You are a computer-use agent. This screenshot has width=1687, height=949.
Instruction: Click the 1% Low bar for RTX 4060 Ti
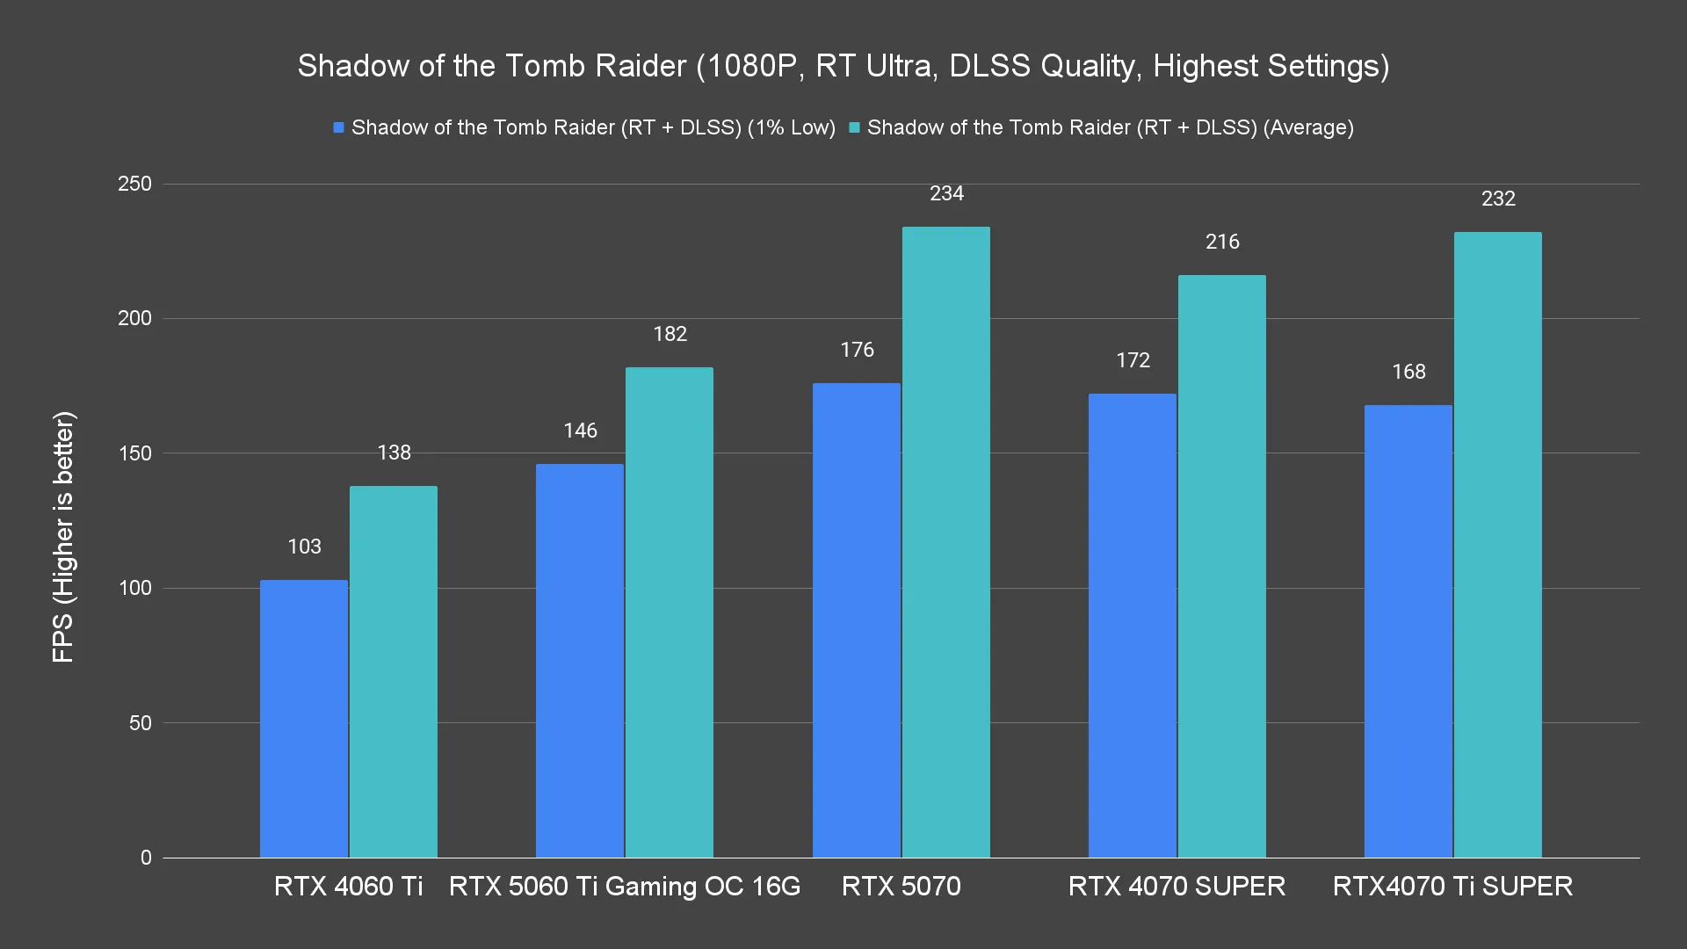[304, 719]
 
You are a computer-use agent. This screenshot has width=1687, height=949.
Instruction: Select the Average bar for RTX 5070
[946, 542]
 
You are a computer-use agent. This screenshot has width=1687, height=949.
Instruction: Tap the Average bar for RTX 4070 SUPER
[1222, 567]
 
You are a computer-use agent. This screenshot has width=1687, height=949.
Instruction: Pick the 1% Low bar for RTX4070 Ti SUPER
[1408, 631]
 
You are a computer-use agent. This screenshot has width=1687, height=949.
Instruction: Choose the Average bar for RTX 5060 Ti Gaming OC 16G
[670, 612]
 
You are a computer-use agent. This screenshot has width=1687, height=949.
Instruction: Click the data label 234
[947, 193]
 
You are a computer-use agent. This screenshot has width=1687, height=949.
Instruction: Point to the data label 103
[305, 547]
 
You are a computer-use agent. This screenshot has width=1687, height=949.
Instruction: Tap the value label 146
[581, 431]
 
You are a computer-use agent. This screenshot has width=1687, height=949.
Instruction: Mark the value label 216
[1222, 242]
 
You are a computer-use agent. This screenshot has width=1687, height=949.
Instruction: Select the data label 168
[1408, 372]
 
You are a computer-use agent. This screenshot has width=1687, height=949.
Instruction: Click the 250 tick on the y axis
[134, 185]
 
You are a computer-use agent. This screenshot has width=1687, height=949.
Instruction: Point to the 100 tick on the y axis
[134, 588]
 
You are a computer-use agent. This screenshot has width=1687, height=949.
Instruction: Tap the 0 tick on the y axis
[146, 858]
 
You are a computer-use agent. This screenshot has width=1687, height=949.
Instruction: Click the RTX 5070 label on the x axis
[901, 886]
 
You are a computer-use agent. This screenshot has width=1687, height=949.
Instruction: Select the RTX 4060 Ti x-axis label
[349, 886]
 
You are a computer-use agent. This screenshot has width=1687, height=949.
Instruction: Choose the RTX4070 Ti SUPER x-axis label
[1452, 886]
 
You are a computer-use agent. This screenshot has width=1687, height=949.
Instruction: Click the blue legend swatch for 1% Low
[339, 128]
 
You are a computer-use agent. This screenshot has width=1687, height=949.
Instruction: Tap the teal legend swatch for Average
[855, 128]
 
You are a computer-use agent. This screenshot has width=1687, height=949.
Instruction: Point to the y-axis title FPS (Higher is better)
[63, 537]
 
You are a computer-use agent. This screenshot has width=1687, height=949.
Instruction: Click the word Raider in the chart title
[642, 66]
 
